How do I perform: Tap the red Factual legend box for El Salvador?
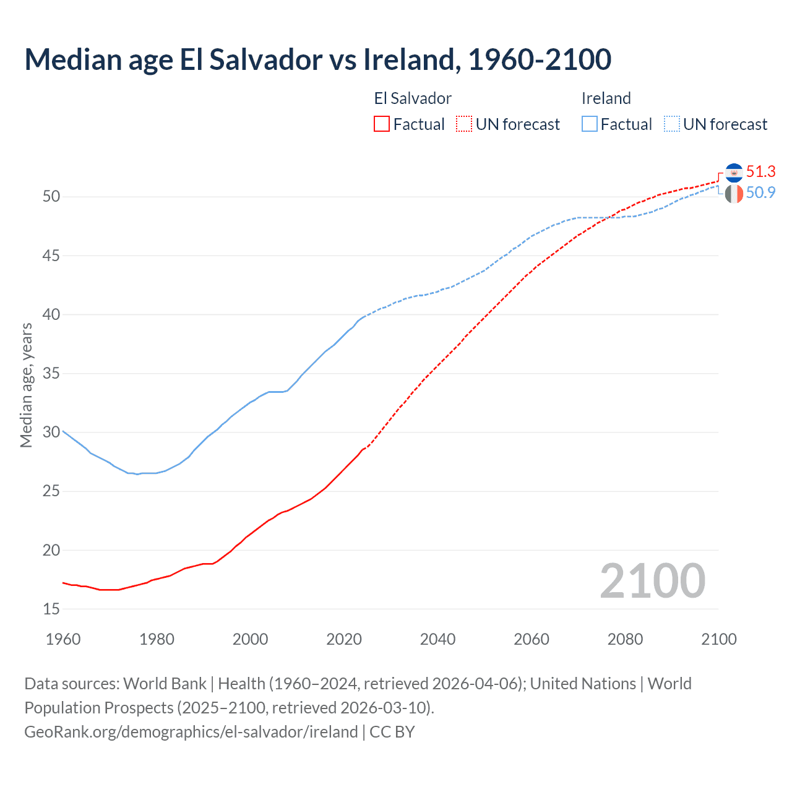click(382, 124)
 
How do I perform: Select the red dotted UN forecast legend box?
click(464, 124)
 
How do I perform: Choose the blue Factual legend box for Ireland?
click(590, 124)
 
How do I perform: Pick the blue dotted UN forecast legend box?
click(671, 124)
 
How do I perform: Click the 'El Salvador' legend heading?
click(413, 98)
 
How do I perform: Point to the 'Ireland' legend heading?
click(606, 98)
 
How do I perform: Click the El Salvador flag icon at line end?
click(734, 173)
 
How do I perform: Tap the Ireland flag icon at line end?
click(734, 194)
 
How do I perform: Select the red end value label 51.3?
click(760, 171)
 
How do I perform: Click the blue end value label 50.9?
click(760, 192)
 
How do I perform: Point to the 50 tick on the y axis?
click(51, 197)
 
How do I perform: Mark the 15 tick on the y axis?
click(51, 609)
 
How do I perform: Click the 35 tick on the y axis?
click(51, 373)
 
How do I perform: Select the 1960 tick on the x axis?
click(63, 639)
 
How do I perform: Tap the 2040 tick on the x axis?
click(437, 639)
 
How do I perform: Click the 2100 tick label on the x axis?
click(718, 639)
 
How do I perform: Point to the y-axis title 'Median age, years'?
click(26, 385)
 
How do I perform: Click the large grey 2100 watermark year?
click(652, 581)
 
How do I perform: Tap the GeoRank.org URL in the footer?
click(191, 732)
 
